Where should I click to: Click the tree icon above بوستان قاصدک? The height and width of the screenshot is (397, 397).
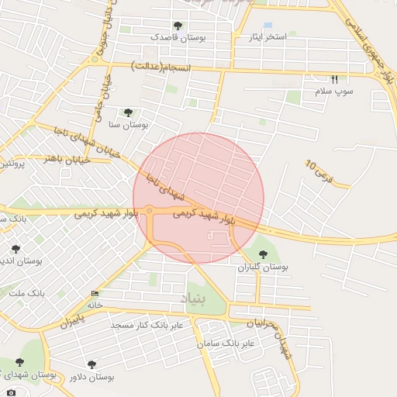pos(178,26)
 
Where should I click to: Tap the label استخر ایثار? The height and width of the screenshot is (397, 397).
pos(265,37)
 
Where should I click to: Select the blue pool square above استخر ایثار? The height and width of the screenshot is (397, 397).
pos(268,26)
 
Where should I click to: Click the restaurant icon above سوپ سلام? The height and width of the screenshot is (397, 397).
pos(335,79)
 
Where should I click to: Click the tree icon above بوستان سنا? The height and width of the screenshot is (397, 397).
pos(129,112)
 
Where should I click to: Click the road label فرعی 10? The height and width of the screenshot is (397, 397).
pos(318,171)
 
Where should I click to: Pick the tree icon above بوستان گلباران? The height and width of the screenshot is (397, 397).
pos(262,254)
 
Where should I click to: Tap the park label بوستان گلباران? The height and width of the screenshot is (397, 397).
pos(262,266)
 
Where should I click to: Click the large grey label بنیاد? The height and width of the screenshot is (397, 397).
pos(195,298)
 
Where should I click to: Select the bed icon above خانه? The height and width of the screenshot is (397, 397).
pos(95,293)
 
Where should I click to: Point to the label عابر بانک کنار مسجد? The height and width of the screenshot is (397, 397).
pos(147,325)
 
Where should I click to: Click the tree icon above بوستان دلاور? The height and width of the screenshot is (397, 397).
pos(91,364)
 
